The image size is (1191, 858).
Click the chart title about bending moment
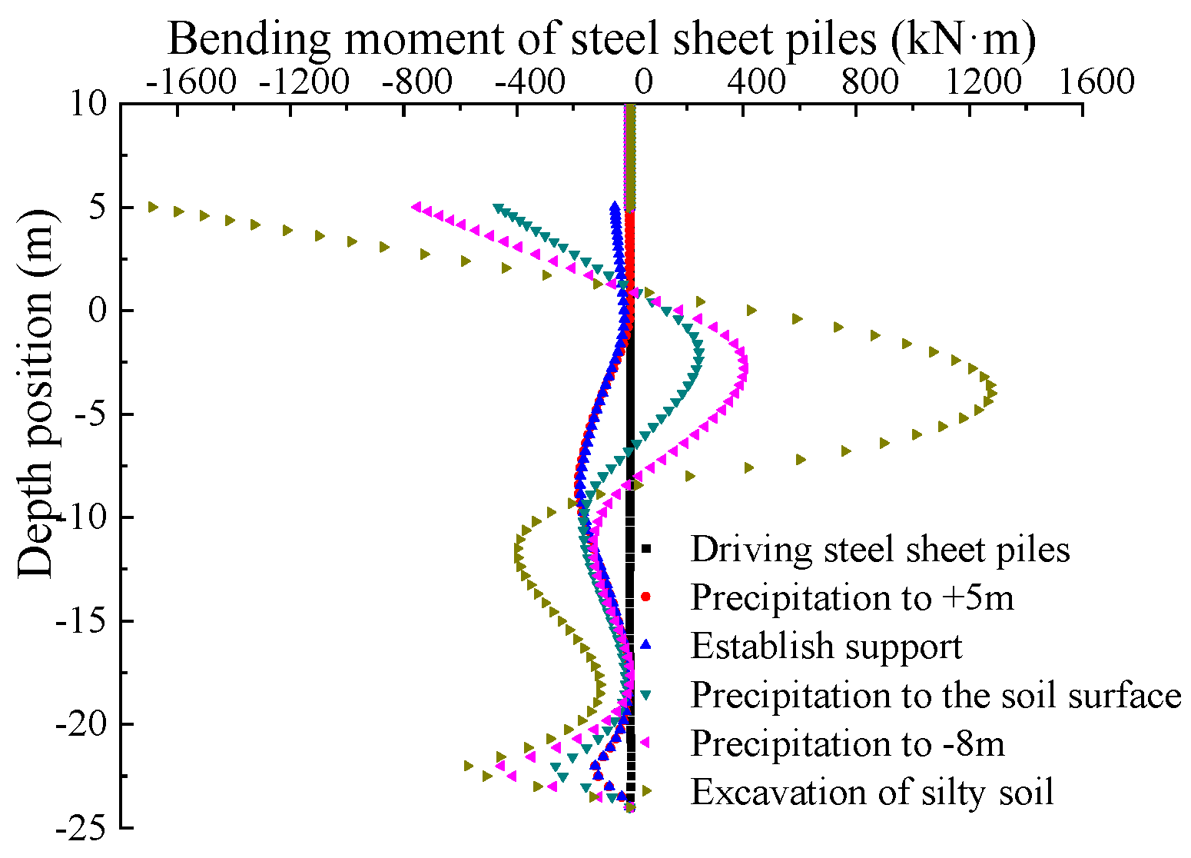point(602,38)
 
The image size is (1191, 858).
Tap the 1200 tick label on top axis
point(984,81)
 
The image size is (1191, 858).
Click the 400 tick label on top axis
point(757,81)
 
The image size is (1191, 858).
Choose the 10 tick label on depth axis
point(91,103)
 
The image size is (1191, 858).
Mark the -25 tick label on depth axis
point(83,828)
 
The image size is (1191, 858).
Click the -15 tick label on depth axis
point(83,621)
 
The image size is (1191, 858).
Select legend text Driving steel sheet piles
point(880,550)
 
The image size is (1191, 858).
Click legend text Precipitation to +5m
point(852,597)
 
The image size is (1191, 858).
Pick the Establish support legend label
point(826,646)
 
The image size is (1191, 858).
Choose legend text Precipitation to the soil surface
point(935,695)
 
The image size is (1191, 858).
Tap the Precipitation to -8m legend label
point(848,743)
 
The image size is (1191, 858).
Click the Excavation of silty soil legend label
point(872,792)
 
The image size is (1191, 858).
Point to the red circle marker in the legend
point(646,597)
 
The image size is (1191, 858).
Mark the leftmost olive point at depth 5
point(153,207)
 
